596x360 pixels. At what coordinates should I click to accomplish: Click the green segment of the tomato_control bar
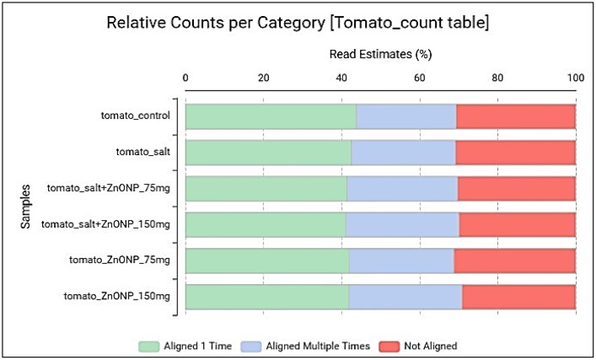(x=271, y=116)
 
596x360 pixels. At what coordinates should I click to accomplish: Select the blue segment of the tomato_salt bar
(x=403, y=153)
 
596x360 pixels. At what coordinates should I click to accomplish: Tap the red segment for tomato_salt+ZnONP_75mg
(x=517, y=189)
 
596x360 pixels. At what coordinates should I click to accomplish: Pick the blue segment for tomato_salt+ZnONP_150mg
(x=402, y=224)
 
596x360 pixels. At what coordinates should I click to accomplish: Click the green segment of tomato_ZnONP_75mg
(x=267, y=261)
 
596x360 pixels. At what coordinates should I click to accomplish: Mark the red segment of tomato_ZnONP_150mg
(x=518, y=297)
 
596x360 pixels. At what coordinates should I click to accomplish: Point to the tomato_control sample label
(x=136, y=116)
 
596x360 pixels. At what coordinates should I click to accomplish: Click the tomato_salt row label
(x=143, y=152)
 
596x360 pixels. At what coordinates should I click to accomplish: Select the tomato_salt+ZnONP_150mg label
(x=105, y=224)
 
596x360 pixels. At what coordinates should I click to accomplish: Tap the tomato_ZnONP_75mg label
(x=120, y=260)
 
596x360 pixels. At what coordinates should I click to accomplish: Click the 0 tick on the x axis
(x=185, y=78)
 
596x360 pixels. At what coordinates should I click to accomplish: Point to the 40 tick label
(x=341, y=78)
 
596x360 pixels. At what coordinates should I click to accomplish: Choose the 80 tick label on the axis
(x=497, y=78)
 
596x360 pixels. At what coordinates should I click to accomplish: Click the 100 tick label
(x=576, y=78)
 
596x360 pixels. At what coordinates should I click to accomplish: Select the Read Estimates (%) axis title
(x=380, y=54)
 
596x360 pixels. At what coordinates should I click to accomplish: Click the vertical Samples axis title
(x=25, y=207)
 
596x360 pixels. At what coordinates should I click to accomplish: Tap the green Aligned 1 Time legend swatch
(x=148, y=347)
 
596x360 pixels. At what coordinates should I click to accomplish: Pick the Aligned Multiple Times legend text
(x=318, y=346)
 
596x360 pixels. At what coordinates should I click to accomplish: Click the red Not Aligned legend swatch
(x=389, y=347)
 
